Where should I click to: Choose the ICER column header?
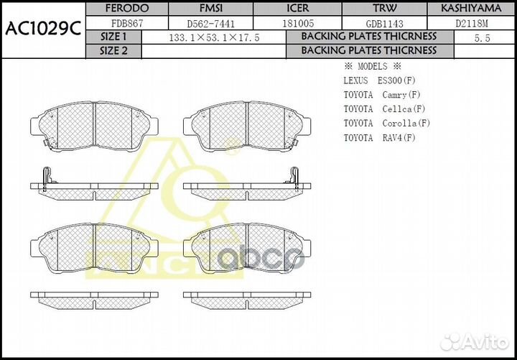[297, 9]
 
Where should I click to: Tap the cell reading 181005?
[297, 23]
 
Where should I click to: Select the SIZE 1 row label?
[114, 37]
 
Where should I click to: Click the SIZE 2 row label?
[114, 51]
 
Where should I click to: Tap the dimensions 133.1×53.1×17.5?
[213, 37]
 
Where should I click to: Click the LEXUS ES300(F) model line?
[379, 80]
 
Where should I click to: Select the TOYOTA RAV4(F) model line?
[379, 138]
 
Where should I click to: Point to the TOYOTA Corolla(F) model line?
[386, 124]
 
